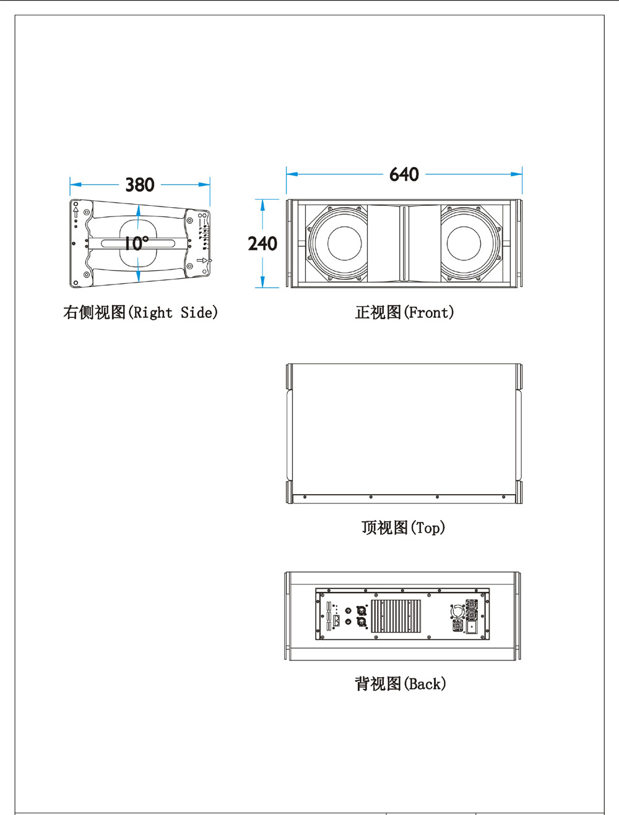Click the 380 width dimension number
[139, 185]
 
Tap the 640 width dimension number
[404, 174]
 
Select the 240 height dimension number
[262, 244]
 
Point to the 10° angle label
[136, 243]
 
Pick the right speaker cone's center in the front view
[464, 243]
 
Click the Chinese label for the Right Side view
[94, 312]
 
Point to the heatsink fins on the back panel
[396, 615]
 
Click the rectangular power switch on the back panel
[472, 627]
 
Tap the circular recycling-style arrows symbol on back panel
[456, 612]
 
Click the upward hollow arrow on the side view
[76, 213]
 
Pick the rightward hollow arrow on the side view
[202, 261]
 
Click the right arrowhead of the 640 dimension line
[517, 174]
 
